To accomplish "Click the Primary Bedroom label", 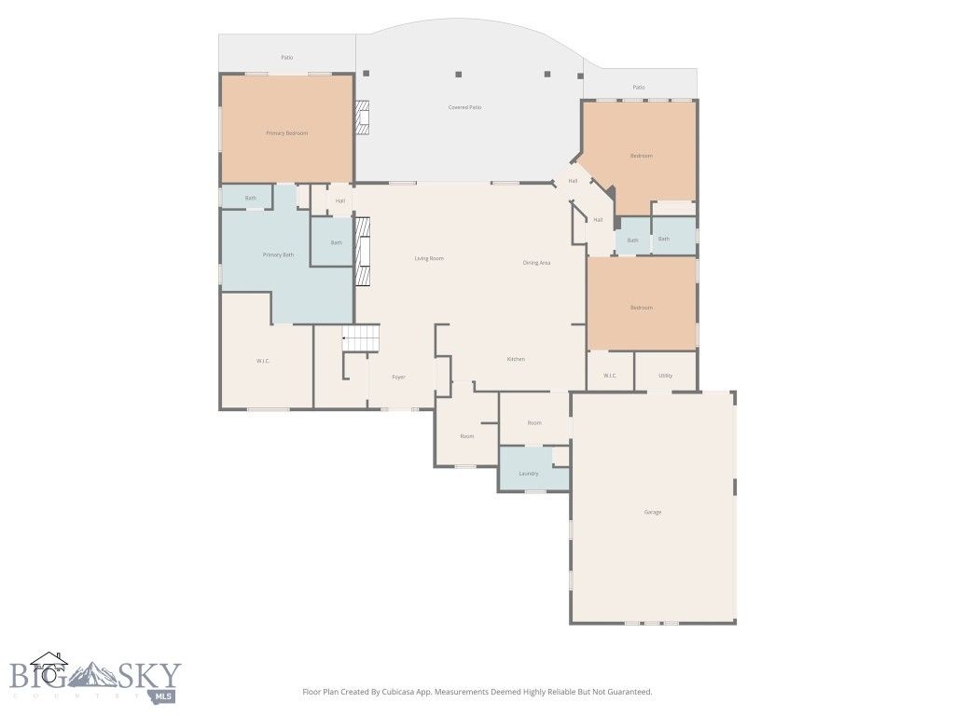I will click(286, 133).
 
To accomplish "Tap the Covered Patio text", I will click(464, 107).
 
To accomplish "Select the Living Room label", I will click(429, 258).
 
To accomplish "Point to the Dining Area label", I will click(536, 263).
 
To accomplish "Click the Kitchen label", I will click(516, 359).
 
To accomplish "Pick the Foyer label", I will click(398, 378).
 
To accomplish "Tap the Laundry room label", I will click(529, 474).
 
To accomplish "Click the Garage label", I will click(653, 512).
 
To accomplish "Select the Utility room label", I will click(665, 376).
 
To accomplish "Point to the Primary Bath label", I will click(278, 255).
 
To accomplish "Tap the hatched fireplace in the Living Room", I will click(363, 253).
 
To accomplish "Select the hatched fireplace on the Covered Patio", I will click(363, 117).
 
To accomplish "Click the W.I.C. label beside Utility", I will click(610, 376).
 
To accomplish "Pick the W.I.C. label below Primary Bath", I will click(263, 361).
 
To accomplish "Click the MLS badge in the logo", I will click(164, 695).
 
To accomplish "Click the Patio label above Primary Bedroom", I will click(287, 58).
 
